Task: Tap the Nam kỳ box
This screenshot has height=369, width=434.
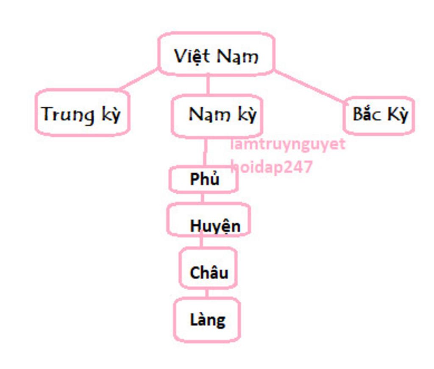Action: point(217,116)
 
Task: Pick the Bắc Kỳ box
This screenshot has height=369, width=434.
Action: point(379,115)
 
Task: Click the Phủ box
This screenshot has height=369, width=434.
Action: point(203,179)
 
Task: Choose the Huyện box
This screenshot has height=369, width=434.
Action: point(209,219)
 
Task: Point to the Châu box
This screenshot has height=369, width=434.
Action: point(208,268)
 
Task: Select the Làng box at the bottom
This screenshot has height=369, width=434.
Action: point(207,320)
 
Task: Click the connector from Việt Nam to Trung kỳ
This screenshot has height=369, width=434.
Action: point(139,79)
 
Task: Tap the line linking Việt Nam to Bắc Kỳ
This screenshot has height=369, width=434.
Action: point(309,86)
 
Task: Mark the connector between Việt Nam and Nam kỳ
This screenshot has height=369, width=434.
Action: point(208,85)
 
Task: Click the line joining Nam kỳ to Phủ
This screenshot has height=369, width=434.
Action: point(206,152)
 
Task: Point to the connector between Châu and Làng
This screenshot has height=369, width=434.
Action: point(207,293)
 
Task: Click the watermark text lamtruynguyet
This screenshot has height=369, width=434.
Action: point(288,144)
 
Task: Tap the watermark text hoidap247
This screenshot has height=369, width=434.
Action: point(272,167)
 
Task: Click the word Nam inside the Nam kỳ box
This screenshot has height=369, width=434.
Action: point(209,114)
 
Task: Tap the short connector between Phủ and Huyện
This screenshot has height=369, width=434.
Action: point(202,198)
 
